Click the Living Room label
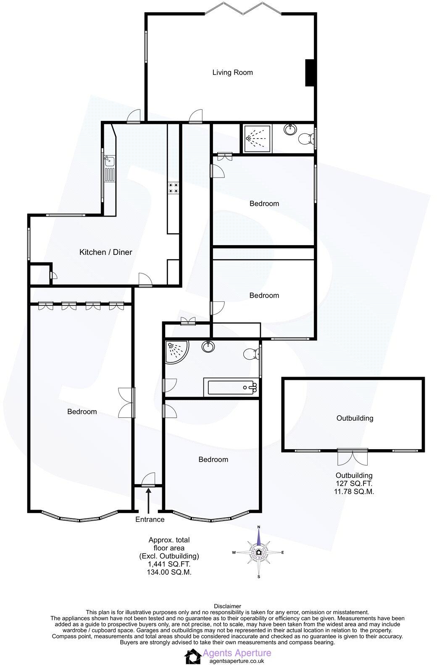coord(232,73)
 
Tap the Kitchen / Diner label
coord(105,252)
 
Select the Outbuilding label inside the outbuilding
coord(355,418)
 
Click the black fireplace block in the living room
coord(310,73)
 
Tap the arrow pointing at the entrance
coord(149,501)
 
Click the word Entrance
coord(150,520)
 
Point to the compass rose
coord(258,552)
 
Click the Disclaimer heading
coord(227,606)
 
